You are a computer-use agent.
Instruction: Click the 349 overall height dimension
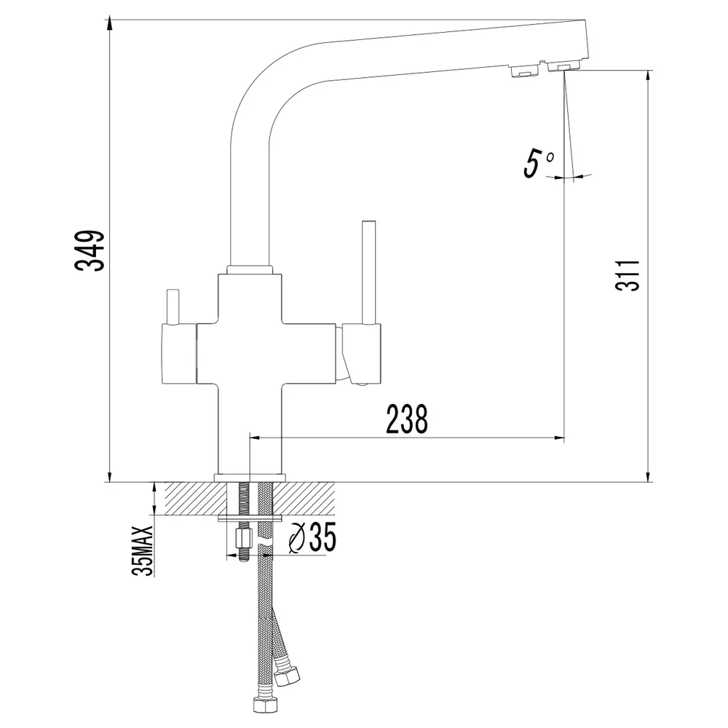point(90,250)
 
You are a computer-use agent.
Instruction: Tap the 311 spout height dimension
point(628,275)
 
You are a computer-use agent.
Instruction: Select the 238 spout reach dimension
point(407,419)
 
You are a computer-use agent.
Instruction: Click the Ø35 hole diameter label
point(312,537)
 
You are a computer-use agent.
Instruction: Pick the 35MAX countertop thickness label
point(143,550)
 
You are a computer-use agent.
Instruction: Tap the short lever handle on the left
point(173,306)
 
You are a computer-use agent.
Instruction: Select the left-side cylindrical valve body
point(179,354)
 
